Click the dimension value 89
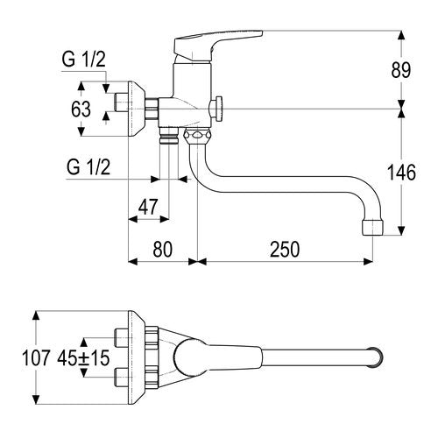coord(401,70)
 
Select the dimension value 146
coord(401,173)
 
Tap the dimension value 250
coord(285,250)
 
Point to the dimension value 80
coord(163,250)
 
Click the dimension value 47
coord(148,207)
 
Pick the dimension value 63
coord(81,109)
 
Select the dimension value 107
coord(36,358)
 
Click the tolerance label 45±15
coord(83,358)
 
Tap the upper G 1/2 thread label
coord(83,60)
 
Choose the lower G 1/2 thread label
coord(88,166)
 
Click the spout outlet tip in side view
coord(372,228)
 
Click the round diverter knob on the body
coord(216,109)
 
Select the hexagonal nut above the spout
coord(197,135)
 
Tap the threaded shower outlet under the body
coord(169,135)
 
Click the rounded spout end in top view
coord(377,357)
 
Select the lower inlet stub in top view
coord(122,377)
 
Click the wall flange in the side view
coord(136,109)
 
